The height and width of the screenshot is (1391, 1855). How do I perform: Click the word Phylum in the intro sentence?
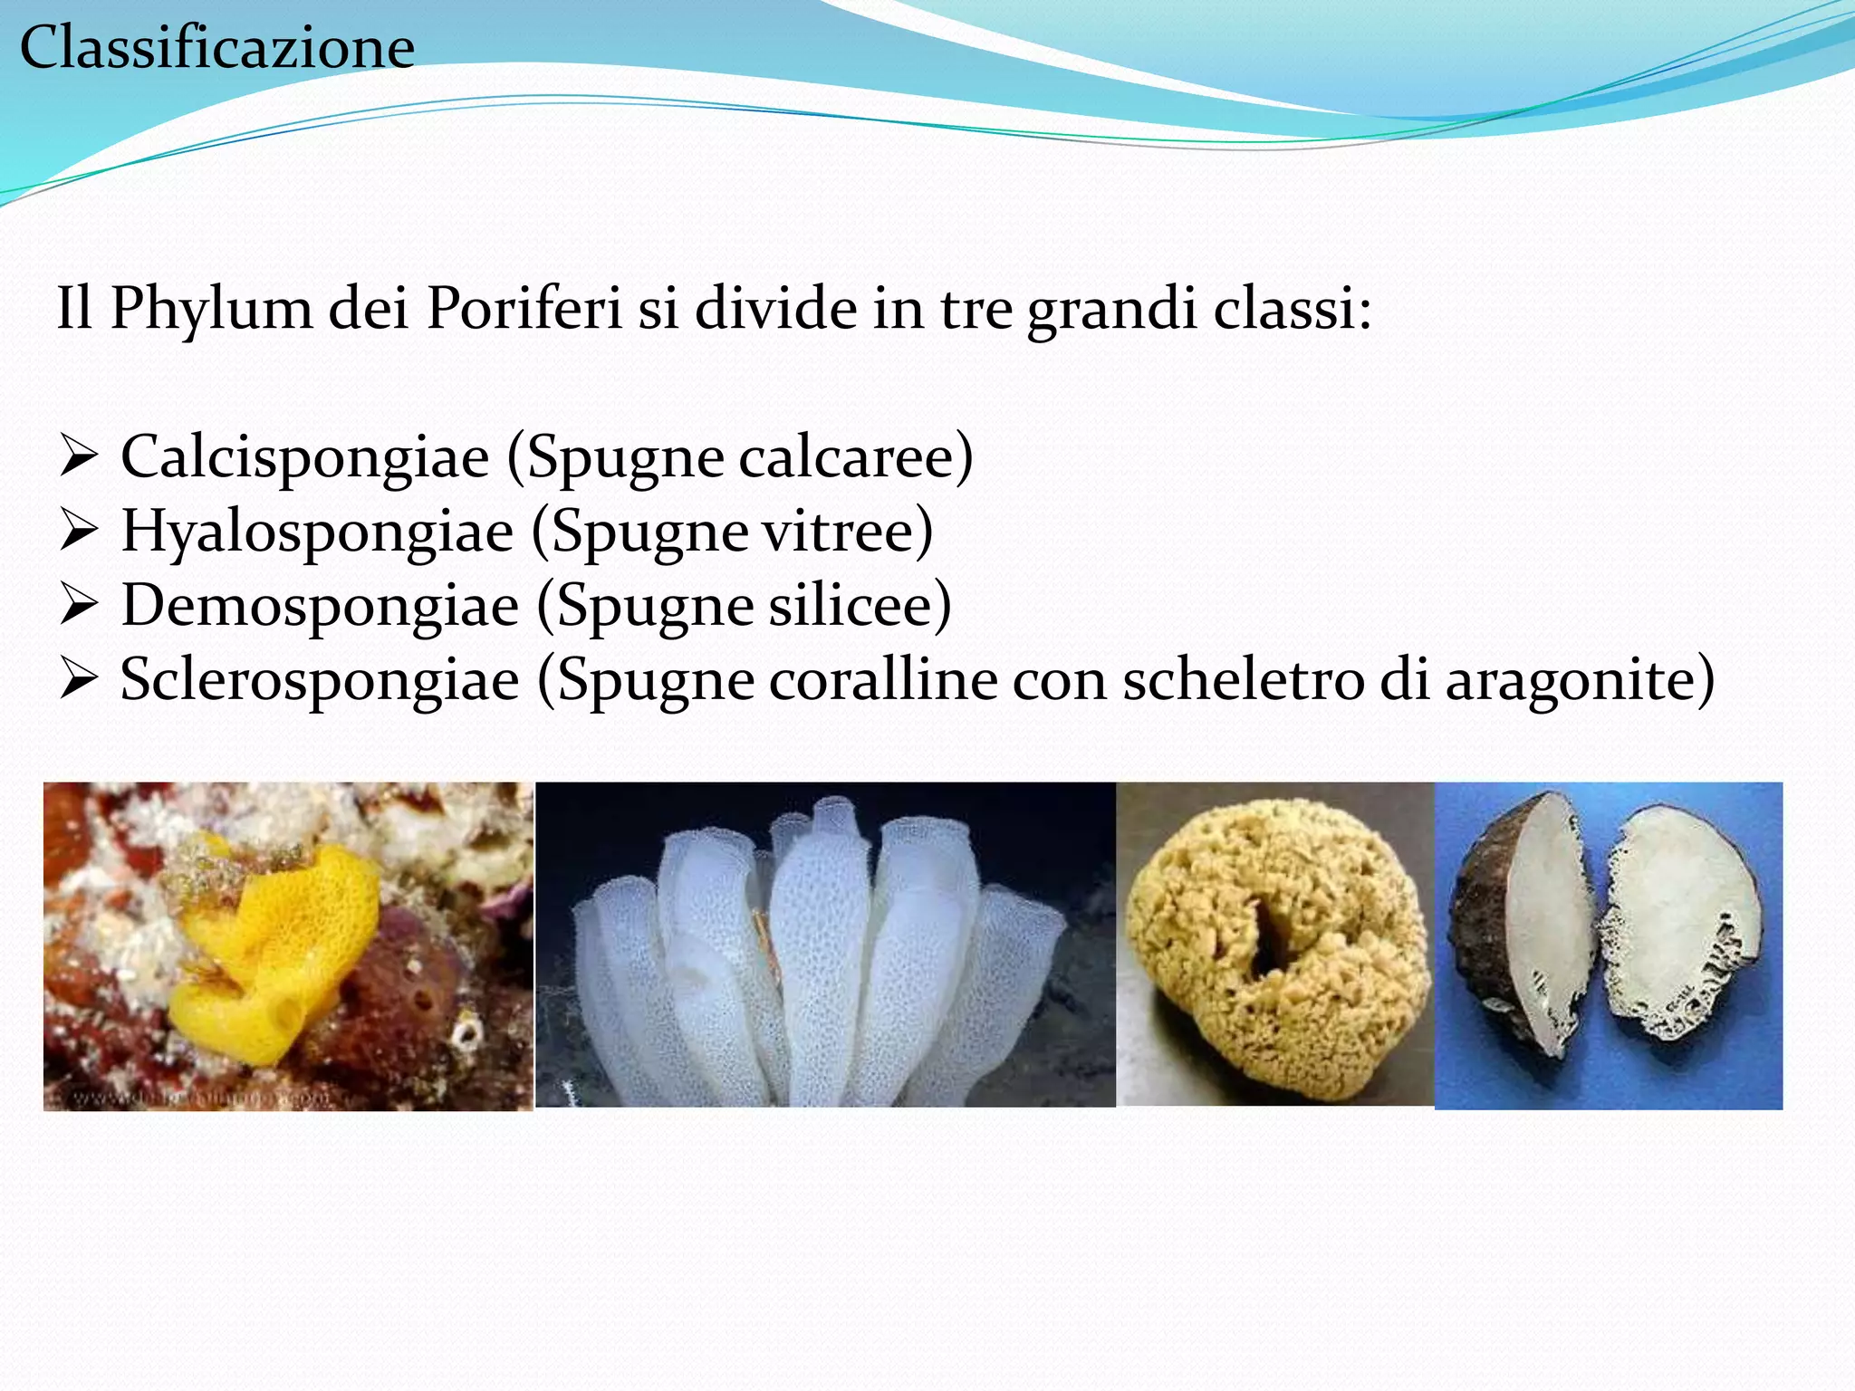click(x=211, y=309)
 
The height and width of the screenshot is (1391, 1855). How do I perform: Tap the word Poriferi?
click(x=524, y=309)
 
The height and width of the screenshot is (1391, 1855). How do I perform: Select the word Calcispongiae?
click(x=305, y=456)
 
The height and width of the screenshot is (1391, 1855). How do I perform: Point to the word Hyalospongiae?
click(x=317, y=532)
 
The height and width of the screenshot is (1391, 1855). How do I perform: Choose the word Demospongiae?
click(x=320, y=605)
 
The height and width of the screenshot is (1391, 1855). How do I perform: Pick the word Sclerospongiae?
click(x=320, y=679)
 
